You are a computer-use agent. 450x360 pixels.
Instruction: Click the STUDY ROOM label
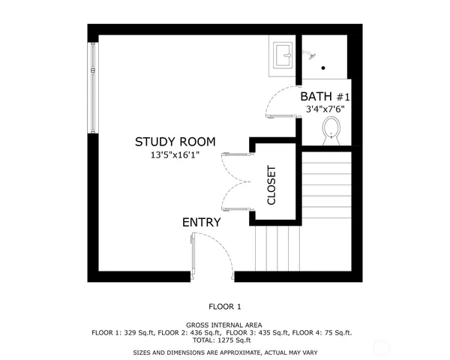point(175,141)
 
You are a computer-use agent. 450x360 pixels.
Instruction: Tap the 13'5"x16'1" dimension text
point(175,156)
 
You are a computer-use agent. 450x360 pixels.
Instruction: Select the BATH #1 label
point(325,96)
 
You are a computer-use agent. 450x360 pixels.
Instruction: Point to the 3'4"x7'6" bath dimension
point(325,109)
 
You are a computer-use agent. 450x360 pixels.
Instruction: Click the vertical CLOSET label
point(272,184)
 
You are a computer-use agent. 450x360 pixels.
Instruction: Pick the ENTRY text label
point(201,222)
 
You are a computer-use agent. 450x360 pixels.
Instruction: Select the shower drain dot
point(323,67)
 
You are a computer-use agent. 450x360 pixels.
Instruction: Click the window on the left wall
point(92,87)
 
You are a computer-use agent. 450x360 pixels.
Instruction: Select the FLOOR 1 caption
point(225,306)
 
